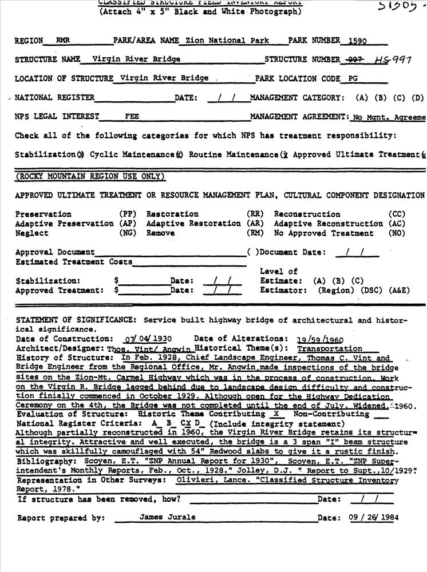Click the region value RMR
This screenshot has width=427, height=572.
pyautogui.click(x=62, y=41)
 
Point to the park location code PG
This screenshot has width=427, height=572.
pyautogui.click(x=355, y=78)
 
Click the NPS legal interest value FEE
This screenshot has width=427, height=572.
pyautogui.click(x=132, y=116)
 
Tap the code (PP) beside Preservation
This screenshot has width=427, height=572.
pyautogui.click(x=127, y=214)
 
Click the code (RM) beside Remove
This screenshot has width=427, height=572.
pyautogui.click(x=255, y=233)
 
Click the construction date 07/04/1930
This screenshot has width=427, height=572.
pyautogui.click(x=148, y=339)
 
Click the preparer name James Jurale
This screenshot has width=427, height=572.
pyautogui.click(x=159, y=517)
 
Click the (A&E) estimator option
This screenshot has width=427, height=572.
pyautogui.click(x=399, y=290)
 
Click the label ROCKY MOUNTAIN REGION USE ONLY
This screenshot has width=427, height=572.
pyautogui.click(x=90, y=176)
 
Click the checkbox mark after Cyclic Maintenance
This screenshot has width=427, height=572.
pyautogui.click(x=179, y=154)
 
